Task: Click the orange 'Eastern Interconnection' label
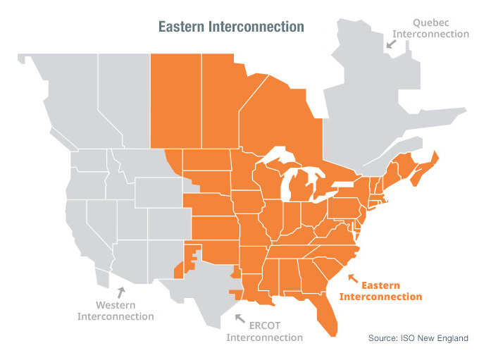[380, 291]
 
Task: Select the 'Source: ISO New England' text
[418, 339]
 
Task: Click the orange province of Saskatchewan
[176, 99]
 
